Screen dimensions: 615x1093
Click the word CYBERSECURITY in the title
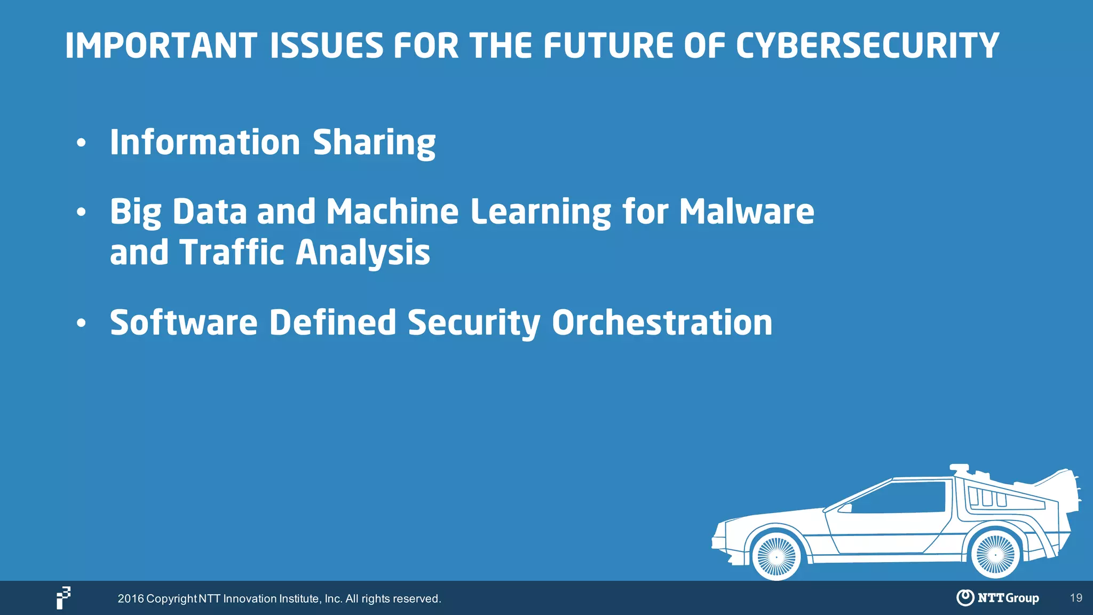[x=867, y=46]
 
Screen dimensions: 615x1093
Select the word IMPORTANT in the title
[x=161, y=46]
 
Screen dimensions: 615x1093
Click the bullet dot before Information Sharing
[x=81, y=143]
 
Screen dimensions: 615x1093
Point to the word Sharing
[x=374, y=143]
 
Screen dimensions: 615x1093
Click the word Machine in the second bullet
[x=392, y=212]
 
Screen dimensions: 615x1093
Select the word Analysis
[x=363, y=253]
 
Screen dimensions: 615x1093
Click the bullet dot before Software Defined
[x=81, y=323]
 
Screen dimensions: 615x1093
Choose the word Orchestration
[x=662, y=323]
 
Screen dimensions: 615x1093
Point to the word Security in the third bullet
[x=474, y=324]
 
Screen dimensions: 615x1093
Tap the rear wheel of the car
[x=995, y=555]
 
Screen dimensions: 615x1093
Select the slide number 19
[x=1076, y=598]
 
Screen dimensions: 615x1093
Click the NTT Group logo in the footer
[x=997, y=598]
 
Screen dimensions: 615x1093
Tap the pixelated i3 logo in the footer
[x=64, y=597]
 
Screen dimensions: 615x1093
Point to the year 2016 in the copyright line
[x=131, y=599]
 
